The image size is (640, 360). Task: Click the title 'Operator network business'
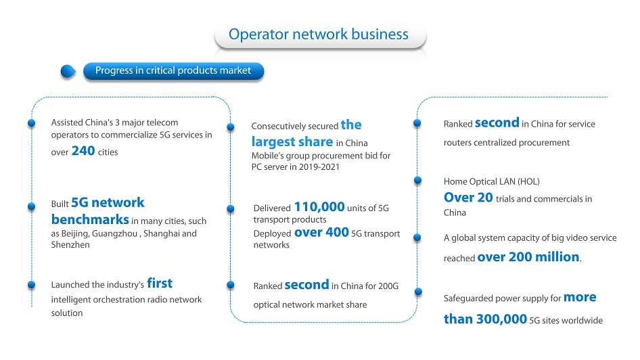coord(319,35)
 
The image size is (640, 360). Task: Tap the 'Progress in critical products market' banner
coord(173,70)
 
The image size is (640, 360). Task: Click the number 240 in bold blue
coord(83,151)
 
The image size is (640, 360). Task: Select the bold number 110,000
coord(319,207)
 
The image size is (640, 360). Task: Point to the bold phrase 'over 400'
coord(321,232)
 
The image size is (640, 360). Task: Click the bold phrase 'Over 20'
coord(468,198)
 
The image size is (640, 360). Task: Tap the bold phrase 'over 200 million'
coord(528,256)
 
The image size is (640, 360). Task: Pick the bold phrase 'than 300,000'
coord(485,319)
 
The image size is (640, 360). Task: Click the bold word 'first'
coord(160,283)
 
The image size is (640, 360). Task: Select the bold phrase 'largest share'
coord(292,141)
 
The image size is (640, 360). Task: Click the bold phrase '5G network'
coord(108,202)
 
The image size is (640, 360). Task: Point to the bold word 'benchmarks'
coord(90,220)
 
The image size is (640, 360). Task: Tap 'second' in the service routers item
coord(497,122)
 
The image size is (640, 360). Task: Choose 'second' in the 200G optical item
coord(306,284)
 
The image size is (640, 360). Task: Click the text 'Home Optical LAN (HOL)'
coord(491,181)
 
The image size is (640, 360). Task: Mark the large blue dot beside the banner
coord(68,72)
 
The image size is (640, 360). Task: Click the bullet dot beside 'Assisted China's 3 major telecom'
coord(31,123)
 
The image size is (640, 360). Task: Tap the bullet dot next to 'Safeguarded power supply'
coord(418,292)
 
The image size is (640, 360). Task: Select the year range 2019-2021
coord(319,167)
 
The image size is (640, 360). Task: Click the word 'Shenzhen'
coord(70,245)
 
